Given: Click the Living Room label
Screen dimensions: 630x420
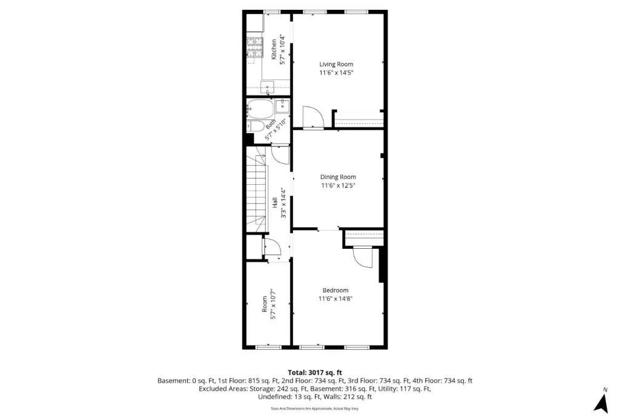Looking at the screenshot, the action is tap(336, 64).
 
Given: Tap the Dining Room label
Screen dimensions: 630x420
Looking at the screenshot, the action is tap(338, 177).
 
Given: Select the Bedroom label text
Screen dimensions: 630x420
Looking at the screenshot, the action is tap(335, 290).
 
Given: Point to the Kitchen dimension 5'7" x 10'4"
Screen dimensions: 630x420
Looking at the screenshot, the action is tap(283, 50).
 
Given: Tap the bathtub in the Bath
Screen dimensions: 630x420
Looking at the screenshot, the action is tap(260, 107).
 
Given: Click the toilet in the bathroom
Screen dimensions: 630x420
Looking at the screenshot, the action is tap(255, 126).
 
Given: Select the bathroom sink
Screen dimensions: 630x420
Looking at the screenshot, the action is tap(282, 105).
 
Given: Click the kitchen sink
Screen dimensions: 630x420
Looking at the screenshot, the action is tap(267, 87).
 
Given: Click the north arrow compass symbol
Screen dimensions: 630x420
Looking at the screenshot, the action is tap(602, 403).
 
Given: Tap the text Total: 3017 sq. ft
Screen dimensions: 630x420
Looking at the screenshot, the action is tap(315, 373).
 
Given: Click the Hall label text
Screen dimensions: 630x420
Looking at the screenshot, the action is tap(275, 203).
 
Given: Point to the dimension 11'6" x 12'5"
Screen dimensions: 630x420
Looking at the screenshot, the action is tap(338, 185).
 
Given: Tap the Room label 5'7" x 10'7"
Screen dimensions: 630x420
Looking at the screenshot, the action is tap(269, 304).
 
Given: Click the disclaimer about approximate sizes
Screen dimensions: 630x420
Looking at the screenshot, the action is tap(315, 408).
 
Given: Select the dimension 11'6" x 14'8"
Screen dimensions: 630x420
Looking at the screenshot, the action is tap(335, 299).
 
